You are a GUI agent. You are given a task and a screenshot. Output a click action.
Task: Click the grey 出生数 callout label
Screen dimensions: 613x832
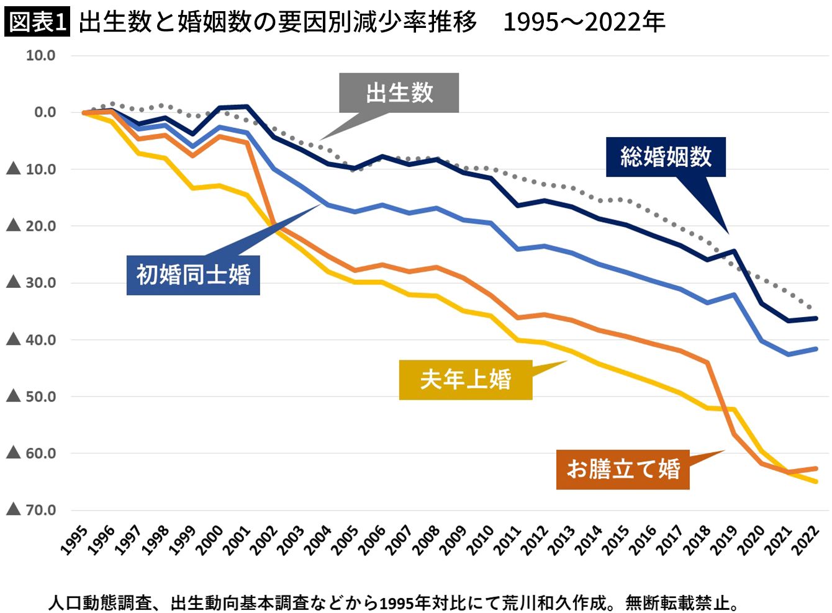[x=399, y=93]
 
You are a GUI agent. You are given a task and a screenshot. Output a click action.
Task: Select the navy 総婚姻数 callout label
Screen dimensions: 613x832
[x=666, y=157]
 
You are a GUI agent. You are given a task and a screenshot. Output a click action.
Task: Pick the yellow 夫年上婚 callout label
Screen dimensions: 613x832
[x=466, y=379]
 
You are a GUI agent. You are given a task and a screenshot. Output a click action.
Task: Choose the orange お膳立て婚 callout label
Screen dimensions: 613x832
[x=623, y=469]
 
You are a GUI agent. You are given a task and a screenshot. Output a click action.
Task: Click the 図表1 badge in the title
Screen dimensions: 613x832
[x=37, y=22]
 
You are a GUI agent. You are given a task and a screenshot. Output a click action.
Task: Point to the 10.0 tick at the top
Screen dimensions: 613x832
[x=40, y=56]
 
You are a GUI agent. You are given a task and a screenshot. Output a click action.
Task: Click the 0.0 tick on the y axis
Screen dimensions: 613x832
[x=45, y=112]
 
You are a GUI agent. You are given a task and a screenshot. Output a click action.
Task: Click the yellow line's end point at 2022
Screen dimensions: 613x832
[x=816, y=481]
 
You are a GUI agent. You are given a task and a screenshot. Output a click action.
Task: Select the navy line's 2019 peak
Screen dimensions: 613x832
[x=735, y=251]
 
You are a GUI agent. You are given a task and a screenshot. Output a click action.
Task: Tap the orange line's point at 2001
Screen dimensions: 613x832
[x=246, y=142]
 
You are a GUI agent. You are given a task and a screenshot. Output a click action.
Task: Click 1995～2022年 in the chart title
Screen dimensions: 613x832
[x=584, y=22]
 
